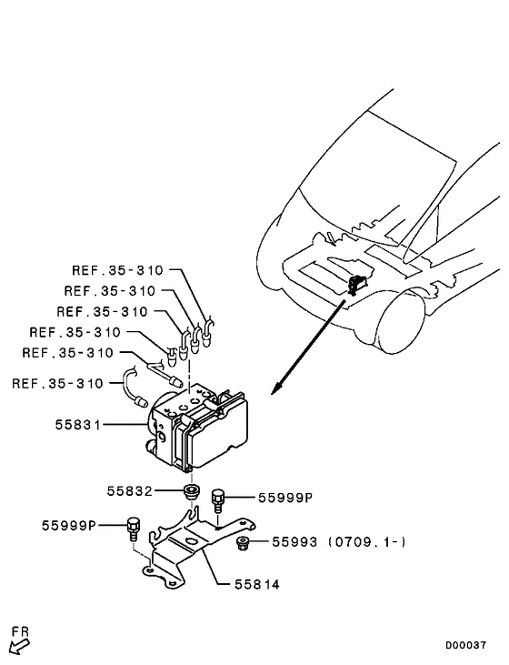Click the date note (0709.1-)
tap(364, 542)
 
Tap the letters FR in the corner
tap(21, 630)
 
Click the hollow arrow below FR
tap(18, 647)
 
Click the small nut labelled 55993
tap(243, 544)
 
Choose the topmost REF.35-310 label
tap(117, 270)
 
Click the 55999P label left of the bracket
tap(68, 525)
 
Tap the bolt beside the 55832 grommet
tap(218, 499)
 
